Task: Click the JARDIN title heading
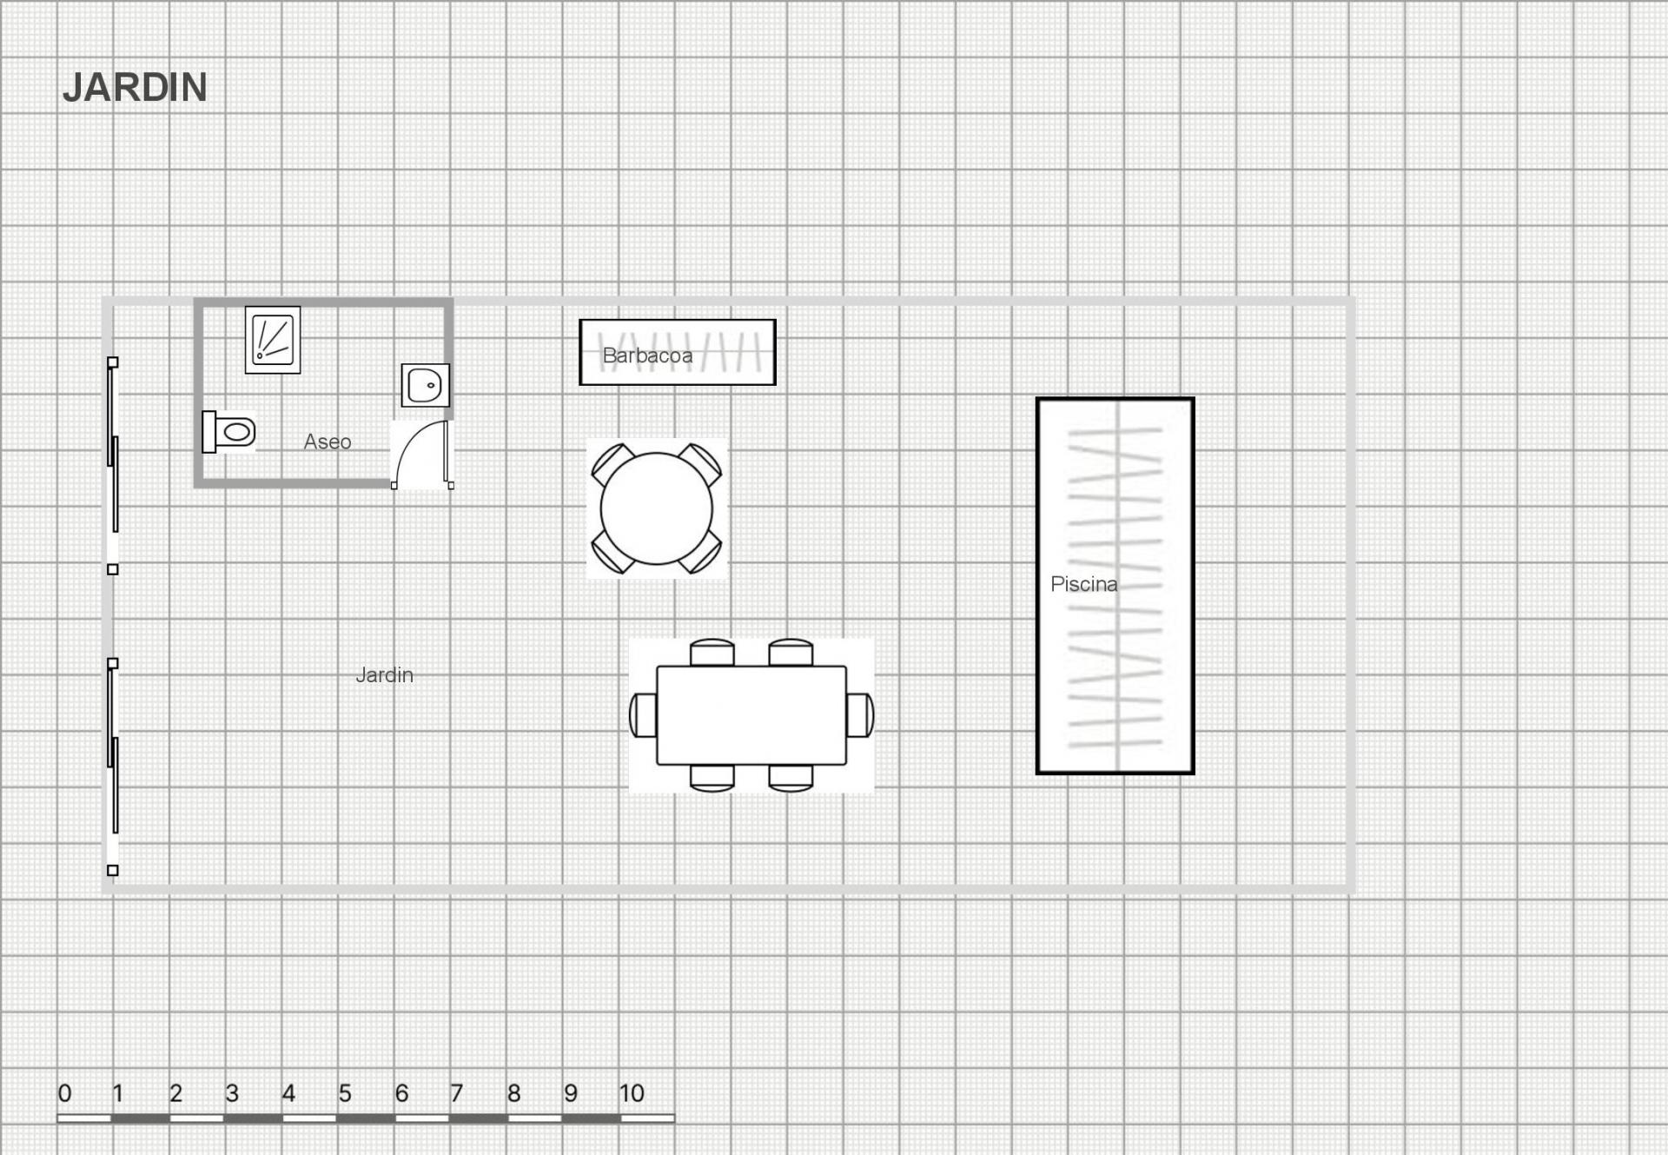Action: click(x=135, y=88)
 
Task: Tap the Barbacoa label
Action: click(x=647, y=355)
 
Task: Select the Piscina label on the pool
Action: click(x=1083, y=584)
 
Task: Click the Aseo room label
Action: click(x=328, y=441)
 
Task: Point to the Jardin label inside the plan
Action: click(x=384, y=674)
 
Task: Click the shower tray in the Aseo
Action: click(x=273, y=340)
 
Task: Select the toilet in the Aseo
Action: click(x=228, y=432)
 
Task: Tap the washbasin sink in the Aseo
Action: click(x=426, y=385)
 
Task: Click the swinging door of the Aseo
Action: click(x=423, y=455)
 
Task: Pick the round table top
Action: click(x=657, y=508)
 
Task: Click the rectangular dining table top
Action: click(x=751, y=715)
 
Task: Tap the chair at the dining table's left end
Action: click(x=643, y=715)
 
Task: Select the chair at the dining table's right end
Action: click(x=860, y=715)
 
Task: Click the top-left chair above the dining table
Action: click(x=712, y=653)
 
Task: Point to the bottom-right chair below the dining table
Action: click(x=791, y=778)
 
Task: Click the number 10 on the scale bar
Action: click(x=632, y=1093)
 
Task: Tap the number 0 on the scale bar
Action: click(x=64, y=1093)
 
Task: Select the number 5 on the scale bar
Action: click(x=345, y=1093)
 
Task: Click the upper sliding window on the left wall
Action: click(x=113, y=466)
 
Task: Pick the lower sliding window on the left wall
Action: click(x=113, y=767)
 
